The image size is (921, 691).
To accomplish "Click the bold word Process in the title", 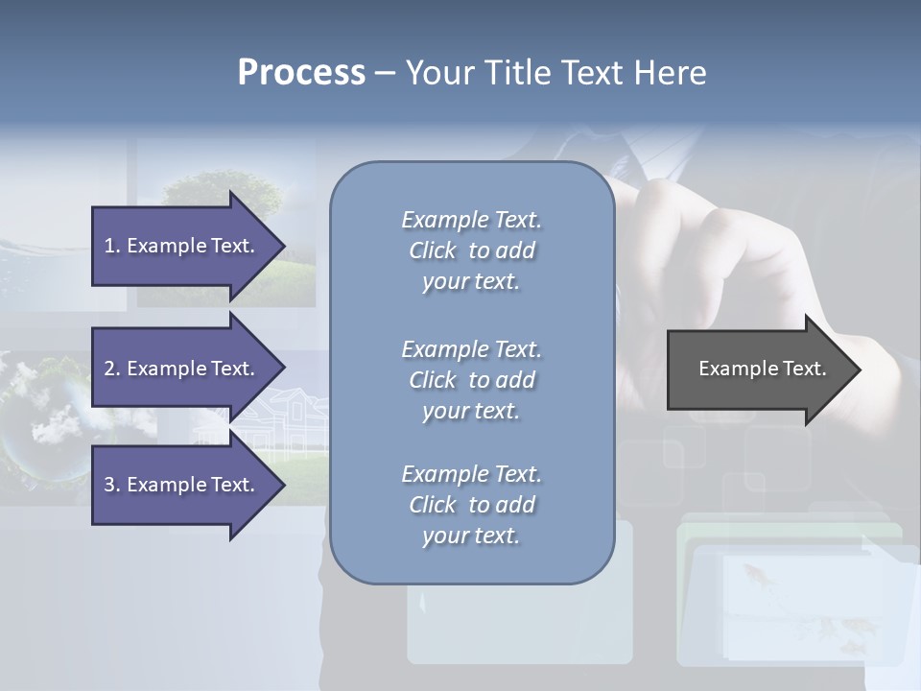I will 301,73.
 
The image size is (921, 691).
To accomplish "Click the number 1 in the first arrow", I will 109,246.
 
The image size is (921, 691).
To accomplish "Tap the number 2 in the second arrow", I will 109,369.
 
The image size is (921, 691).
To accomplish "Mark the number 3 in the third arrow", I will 109,485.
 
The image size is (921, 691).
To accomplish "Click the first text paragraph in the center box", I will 471,250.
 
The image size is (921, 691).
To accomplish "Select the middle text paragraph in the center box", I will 471,380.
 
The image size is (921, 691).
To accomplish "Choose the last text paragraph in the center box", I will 471,505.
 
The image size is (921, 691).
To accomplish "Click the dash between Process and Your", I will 385,74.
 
